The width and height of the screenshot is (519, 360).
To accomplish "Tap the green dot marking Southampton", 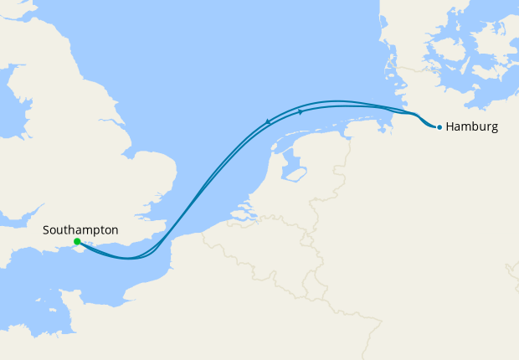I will [77, 242].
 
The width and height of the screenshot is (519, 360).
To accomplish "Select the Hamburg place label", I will [472, 127].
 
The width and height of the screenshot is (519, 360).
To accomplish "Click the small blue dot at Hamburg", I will [439, 127].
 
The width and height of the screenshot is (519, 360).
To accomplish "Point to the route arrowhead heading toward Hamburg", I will [301, 111].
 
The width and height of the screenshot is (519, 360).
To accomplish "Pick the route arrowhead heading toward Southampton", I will [268, 122].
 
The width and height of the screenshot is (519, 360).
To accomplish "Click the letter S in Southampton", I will [46, 229].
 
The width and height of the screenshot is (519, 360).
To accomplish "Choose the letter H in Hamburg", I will [450, 127].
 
